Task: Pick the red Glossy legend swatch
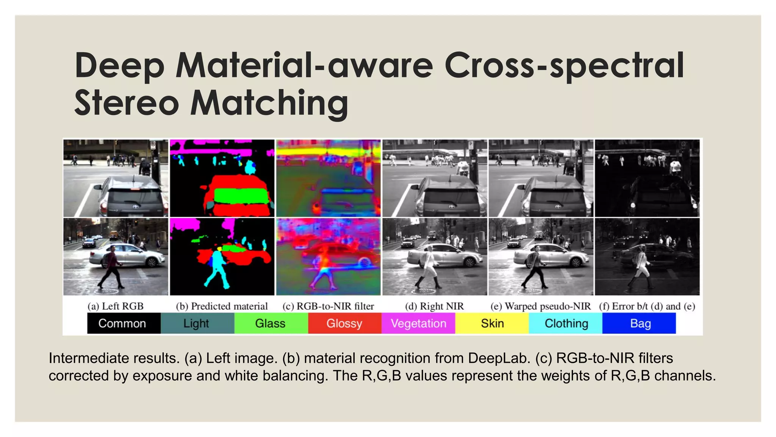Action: tap(344, 323)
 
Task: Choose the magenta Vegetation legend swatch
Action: tap(418, 323)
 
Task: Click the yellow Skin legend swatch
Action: tap(492, 323)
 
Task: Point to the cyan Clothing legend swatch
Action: tap(566, 323)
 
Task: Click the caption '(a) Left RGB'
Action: tap(116, 306)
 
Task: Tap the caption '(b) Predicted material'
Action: tap(222, 306)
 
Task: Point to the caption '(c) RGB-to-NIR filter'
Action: tap(328, 306)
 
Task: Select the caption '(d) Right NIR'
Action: tap(434, 306)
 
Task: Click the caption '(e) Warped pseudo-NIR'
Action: tap(540, 306)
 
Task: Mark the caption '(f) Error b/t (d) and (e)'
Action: tap(647, 306)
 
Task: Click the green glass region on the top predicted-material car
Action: tap(240, 196)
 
